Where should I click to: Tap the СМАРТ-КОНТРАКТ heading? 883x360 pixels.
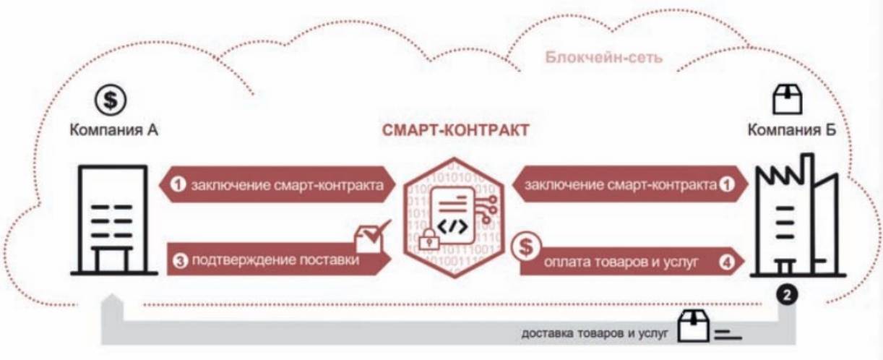455,131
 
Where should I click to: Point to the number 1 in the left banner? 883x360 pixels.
178,185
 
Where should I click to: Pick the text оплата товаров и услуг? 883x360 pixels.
621,264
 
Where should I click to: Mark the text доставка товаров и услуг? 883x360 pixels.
597,333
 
